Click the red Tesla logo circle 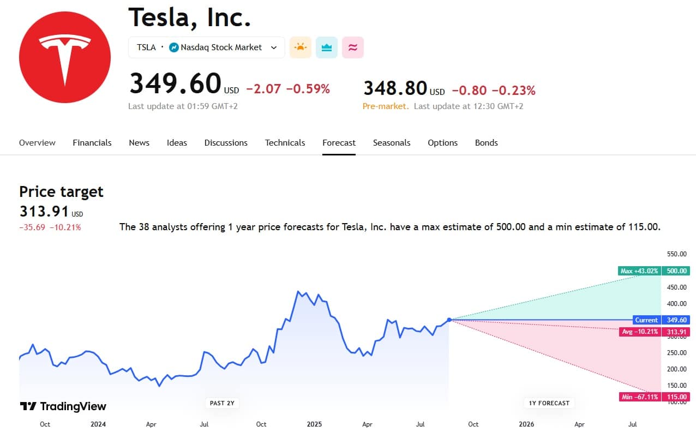(65, 57)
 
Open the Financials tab (92, 143)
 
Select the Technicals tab (285, 143)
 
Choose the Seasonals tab (392, 143)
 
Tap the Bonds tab (486, 143)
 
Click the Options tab (442, 143)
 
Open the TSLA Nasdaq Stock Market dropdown (206, 47)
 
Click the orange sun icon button (301, 47)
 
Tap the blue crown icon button (327, 47)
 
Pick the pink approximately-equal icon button (353, 47)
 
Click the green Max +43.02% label (639, 271)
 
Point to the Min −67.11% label (639, 397)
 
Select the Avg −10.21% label (639, 332)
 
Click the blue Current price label (646, 320)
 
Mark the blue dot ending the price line (449, 320)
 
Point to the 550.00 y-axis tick (677, 254)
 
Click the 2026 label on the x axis (526, 424)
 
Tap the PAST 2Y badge (223, 403)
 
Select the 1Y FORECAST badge (549, 403)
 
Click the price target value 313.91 (44, 212)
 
